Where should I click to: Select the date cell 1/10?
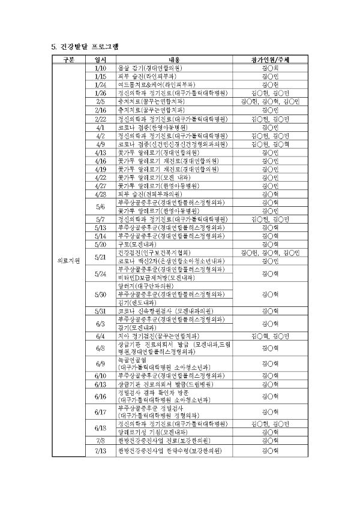pyautogui.click(x=100, y=68)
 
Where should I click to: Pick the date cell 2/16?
pyautogui.click(x=100, y=110)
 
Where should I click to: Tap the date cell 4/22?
pyautogui.click(x=100, y=177)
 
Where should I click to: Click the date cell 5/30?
pyautogui.click(x=100, y=294)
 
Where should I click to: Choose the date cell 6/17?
pyautogui.click(x=100, y=412)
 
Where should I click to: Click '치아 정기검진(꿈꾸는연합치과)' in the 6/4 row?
pyautogui.click(x=158, y=336)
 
